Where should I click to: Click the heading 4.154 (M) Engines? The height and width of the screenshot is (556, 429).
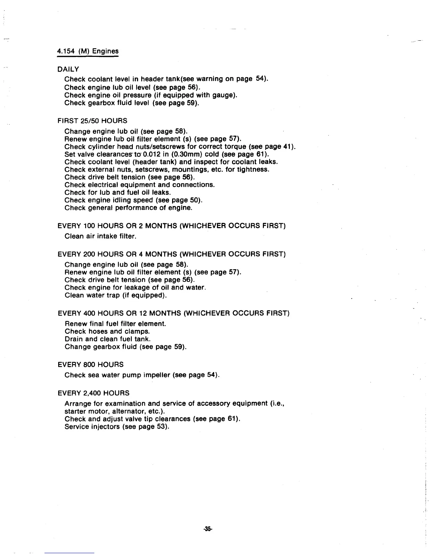88,51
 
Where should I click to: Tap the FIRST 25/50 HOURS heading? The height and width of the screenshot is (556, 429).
92,121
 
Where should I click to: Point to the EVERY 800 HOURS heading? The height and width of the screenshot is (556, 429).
90,365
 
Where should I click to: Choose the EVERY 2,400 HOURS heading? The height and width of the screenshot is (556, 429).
93,393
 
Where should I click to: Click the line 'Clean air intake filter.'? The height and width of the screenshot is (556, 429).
100,236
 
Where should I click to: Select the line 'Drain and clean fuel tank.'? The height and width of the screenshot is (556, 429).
108,339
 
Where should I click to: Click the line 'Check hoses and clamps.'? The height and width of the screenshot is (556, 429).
107,331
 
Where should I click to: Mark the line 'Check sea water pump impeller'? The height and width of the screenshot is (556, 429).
142,375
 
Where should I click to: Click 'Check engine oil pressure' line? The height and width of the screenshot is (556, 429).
151,95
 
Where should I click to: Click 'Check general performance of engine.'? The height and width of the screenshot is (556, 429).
128,208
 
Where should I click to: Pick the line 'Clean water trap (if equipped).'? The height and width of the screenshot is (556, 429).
116,295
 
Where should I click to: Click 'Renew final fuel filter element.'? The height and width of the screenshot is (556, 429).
115,324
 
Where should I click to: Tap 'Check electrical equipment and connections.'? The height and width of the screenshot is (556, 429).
139,185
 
